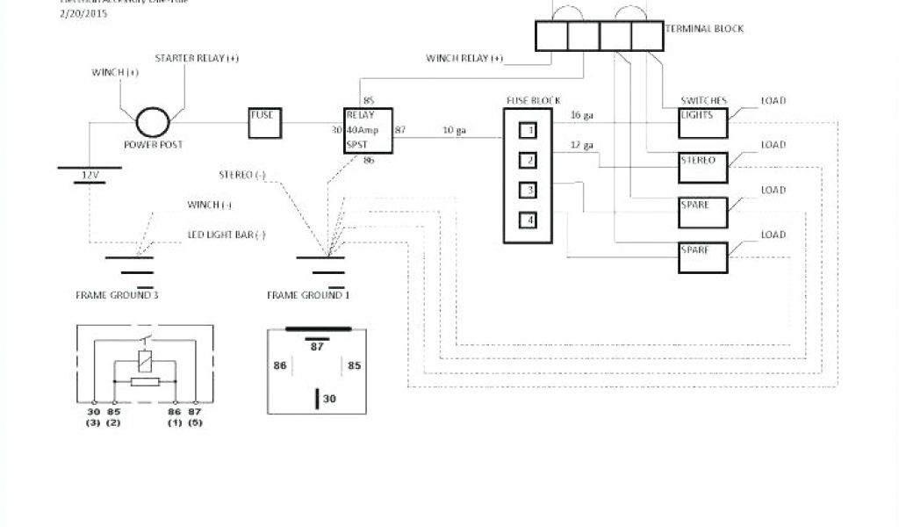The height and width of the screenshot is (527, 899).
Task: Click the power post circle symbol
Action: [154, 121]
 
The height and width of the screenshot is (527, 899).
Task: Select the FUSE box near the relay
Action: [263, 123]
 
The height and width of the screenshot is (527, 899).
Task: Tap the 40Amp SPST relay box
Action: [367, 130]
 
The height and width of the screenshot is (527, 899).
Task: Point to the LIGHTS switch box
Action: [703, 123]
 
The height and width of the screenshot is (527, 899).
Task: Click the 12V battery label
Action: [90, 176]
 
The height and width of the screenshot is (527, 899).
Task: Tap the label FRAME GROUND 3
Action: [117, 295]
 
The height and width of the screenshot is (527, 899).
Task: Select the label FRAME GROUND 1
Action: [308, 295]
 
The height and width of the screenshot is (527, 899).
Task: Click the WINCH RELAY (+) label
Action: [465, 59]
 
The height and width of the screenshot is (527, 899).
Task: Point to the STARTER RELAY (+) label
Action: [197, 59]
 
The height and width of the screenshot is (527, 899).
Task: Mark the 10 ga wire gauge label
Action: [454, 130]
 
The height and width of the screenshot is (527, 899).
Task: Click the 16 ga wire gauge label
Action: [582, 115]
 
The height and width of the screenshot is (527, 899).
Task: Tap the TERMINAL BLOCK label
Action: [704, 29]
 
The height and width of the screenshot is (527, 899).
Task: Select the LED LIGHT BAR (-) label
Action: [227, 235]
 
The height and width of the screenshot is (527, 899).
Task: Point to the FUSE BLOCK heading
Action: [533, 100]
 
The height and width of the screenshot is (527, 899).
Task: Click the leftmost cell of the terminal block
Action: [551, 35]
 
